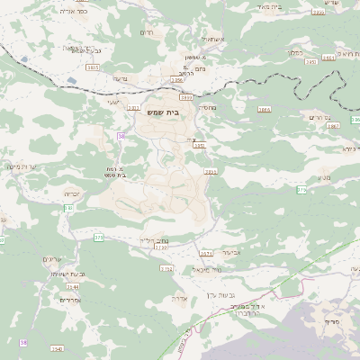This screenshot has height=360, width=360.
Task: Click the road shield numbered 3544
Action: (x=72, y=286)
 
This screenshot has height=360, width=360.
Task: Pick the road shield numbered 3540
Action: (x=58, y=348)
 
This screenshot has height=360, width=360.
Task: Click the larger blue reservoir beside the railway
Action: (x=71, y=81)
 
